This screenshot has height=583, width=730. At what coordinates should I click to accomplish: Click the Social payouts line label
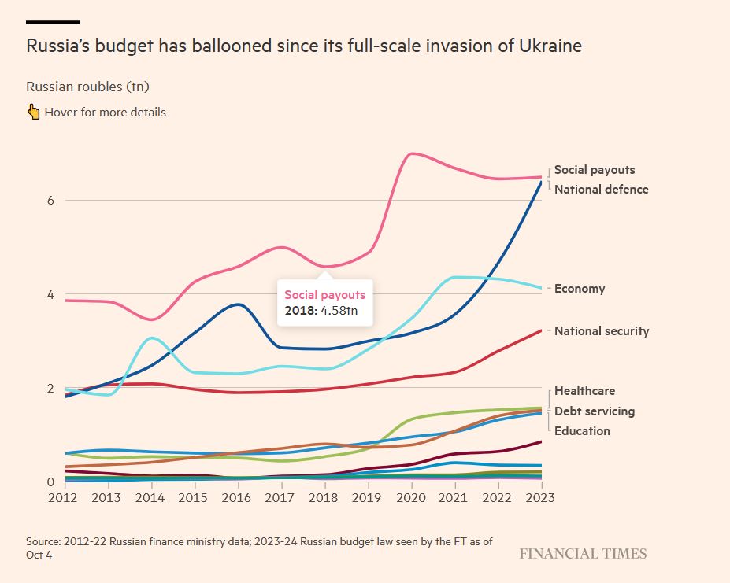click(594, 170)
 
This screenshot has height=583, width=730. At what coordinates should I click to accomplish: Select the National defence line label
click(601, 190)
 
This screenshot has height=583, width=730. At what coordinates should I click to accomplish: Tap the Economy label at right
click(580, 289)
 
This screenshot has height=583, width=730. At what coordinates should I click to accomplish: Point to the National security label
click(602, 331)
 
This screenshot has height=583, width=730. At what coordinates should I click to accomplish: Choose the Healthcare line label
click(584, 391)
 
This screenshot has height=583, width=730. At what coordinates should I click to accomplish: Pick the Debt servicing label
click(594, 411)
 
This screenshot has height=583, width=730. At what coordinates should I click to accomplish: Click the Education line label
click(582, 431)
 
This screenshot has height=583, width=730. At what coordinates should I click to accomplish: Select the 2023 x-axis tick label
click(541, 497)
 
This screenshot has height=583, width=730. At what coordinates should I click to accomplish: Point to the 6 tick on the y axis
click(50, 201)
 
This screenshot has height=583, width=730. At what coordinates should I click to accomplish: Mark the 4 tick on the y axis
click(50, 295)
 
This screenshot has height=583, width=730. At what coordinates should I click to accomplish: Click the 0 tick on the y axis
click(50, 482)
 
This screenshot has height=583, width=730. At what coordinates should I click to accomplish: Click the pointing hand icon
click(33, 112)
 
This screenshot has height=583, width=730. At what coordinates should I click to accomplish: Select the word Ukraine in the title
click(550, 46)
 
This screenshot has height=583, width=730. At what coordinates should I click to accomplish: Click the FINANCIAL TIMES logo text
click(583, 554)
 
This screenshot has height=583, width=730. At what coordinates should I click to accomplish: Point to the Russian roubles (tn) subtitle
click(87, 87)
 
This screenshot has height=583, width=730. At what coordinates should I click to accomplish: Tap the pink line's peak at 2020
click(413, 153)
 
